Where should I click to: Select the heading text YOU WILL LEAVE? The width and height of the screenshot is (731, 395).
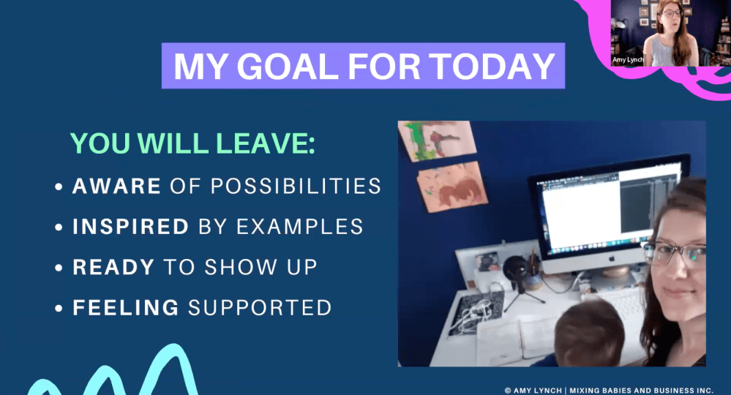[192, 144]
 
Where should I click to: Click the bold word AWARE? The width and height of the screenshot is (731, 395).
[116, 186]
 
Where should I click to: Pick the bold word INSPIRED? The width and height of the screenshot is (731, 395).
[131, 227]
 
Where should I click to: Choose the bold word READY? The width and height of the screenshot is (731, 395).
[113, 267]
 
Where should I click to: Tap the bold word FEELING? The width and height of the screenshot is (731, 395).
[125, 307]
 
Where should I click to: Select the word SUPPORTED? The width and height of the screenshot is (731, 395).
[260, 307]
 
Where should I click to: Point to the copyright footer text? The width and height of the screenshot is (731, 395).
[609, 390]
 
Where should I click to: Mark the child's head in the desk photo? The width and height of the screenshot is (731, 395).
[586, 328]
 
